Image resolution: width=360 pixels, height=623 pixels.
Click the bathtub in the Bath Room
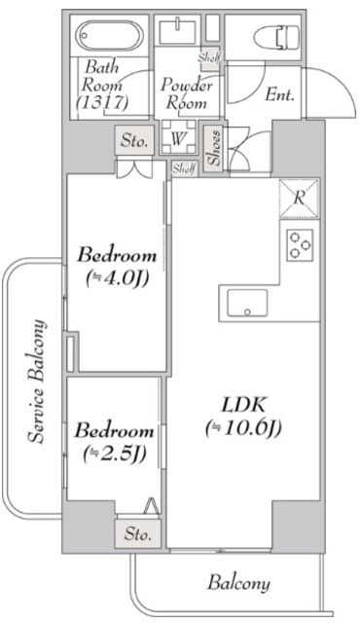[109, 35]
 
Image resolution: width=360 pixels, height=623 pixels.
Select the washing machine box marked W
[179, 136]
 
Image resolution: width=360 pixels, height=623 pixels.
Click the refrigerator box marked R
[299, 199]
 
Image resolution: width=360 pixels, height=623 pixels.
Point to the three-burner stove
[300, 245]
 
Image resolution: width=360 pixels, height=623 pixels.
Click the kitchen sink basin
[247, 303]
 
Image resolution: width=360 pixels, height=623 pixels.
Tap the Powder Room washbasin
[177, 32]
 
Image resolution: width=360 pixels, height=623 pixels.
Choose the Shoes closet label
[214, 147]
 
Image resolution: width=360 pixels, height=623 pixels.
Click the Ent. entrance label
[279, 95]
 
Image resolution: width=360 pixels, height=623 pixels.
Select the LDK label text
[243, 405]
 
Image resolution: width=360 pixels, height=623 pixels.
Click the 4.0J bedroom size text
[117, 279]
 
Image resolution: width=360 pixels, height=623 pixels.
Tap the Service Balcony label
[37, 381]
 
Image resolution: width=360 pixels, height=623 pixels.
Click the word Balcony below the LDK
[238, 583]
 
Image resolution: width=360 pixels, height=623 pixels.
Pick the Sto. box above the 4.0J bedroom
[134, 140]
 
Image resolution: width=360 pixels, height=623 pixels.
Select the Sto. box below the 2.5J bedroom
[138, 533]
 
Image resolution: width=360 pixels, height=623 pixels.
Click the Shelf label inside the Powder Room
[209, 58]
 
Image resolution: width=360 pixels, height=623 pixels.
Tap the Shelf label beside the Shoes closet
[184, 168]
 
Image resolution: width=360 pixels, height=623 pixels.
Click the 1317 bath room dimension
[102, 103]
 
